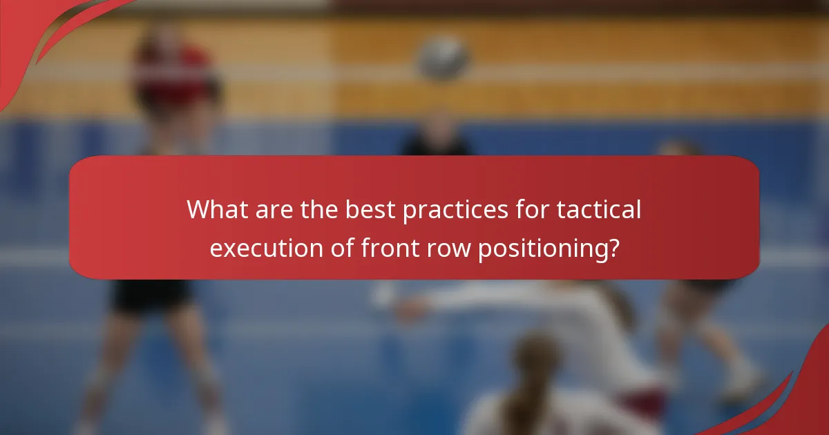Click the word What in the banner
pos(216,209)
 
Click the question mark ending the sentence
pos(611,249)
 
